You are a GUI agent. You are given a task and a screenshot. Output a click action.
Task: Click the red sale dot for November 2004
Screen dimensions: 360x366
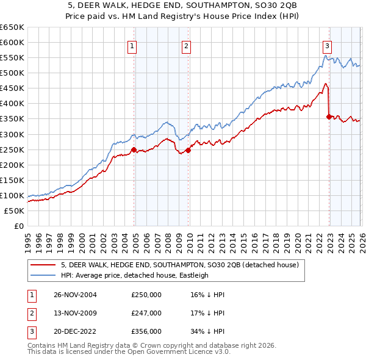coord(134,149)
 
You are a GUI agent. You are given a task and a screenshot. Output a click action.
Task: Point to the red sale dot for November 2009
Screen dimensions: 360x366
coord(188,150)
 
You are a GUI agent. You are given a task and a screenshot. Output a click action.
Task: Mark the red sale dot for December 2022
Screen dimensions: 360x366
coord(329,117)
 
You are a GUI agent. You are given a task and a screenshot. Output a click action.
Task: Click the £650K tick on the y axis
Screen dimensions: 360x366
coord(12,27)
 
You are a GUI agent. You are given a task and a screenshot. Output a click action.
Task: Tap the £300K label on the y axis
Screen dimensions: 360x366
coord(12,134)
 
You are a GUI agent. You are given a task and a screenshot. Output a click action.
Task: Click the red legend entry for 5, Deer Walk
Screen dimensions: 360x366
coord(179,265)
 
